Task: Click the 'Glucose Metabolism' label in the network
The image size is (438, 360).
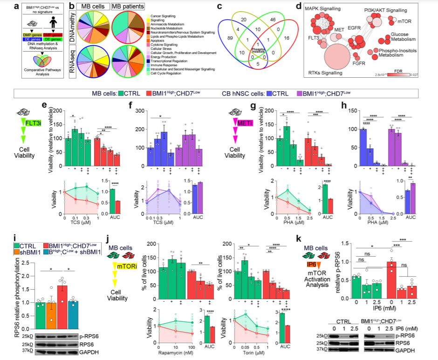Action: (404, 37)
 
